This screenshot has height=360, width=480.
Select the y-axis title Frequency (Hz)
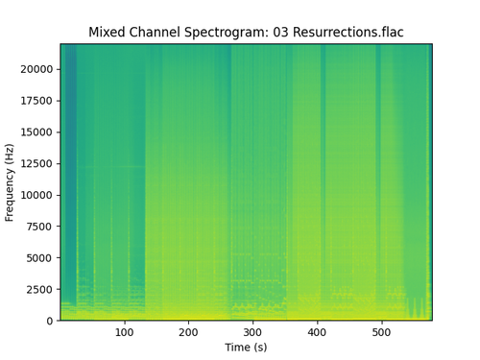tap(11, 182)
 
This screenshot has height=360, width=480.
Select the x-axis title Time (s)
tap(246, 347)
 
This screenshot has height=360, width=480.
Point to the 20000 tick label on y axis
tap(37, 69)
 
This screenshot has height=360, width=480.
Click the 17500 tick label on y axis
tap(37, 101)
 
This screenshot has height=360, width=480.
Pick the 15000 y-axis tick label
tap(37, 132)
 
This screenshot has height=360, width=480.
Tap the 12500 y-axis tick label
tap(37, 163)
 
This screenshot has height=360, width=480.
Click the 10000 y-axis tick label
tap(37, 195)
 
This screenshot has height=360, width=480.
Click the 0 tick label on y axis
tap(51, 321)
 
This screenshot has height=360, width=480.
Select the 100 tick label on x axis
tap(124, 332)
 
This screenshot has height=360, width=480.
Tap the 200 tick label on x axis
tap(188, 332)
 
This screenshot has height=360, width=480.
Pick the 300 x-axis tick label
tap(252, 332)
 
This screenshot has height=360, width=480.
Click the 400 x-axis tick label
tap(317, 332)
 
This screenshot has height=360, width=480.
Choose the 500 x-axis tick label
tap(381, 332)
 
